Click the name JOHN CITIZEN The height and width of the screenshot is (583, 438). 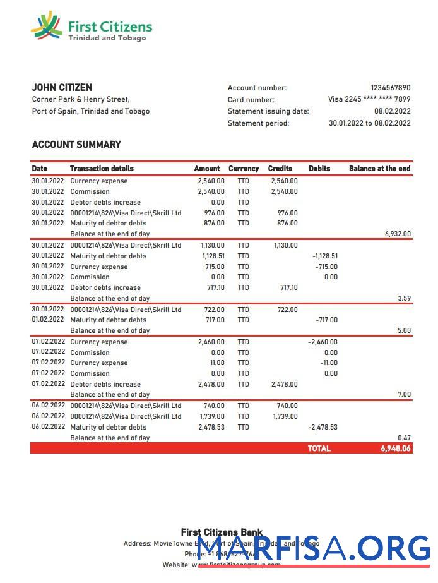tap(62, 88)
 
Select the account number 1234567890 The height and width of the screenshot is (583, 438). tap(390, 88)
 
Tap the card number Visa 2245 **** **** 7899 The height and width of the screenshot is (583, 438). tap(369, 99)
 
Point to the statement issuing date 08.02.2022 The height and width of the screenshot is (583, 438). tap(392, 111)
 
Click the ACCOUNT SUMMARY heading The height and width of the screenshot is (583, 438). tap(76, 145)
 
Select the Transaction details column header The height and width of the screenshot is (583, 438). tap(102, 169)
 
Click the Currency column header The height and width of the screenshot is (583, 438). tap(244, 169)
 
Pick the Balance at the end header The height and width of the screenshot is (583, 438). tap(379, 169)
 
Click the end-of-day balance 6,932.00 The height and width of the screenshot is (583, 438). tap(398, 234)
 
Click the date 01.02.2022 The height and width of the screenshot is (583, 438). tap(48, 320)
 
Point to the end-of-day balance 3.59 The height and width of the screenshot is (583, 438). tap(405, 298)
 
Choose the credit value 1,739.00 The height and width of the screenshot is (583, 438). tap(285, 416)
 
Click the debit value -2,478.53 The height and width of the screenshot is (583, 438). tap(323, 427)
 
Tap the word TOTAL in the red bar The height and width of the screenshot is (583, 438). tap(319, 448)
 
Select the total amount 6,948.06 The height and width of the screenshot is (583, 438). tap(395, 448)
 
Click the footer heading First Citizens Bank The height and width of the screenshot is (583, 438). tap(222, 532)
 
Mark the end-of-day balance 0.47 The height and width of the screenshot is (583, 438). tap(405, 438)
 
